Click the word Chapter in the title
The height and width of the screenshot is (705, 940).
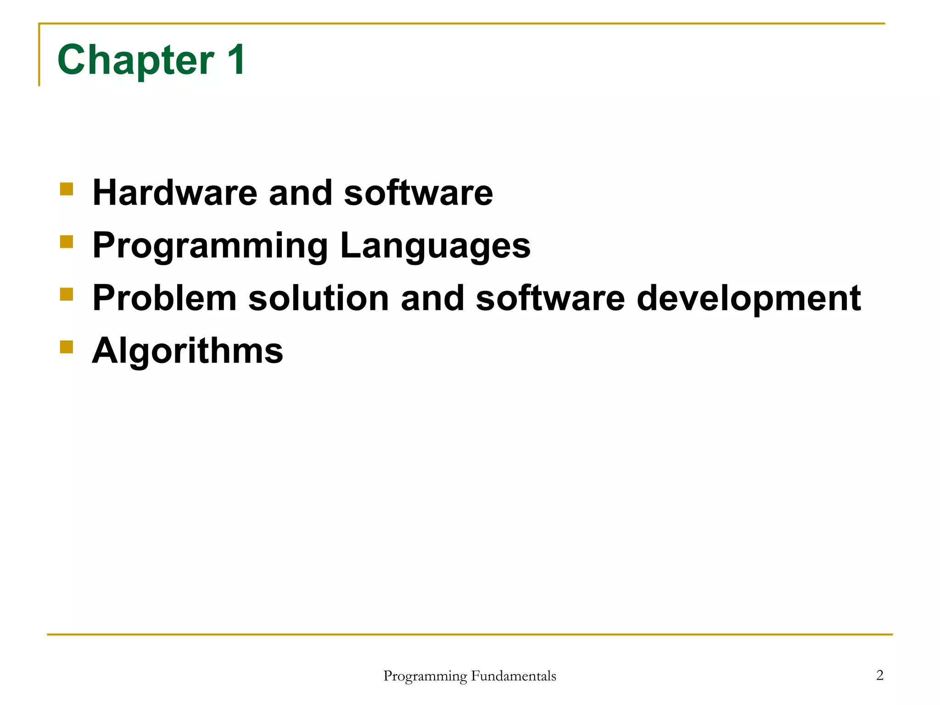tap(136, 60)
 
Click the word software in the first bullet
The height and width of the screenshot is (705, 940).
tap(418, 193)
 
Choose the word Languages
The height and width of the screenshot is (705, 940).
tap(435, 246)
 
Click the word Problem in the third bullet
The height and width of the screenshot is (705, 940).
tap(164, 298)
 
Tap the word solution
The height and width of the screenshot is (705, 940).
tap(319, 298)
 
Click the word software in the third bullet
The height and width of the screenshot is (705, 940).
tap(550, 298)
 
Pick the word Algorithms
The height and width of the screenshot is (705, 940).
tap(188, 351)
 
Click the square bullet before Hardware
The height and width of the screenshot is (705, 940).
tap(67, 189)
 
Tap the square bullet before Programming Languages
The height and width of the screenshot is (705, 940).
tap(67, 241)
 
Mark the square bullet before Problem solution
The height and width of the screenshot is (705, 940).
tap(67, 294)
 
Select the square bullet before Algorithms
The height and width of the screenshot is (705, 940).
tap(67, 347)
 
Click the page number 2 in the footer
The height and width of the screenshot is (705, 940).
tap(879, 675)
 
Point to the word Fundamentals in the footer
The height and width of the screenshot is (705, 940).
tap(514, 676)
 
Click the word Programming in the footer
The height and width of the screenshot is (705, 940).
tap(425, 677)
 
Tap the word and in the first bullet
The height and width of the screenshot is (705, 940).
tap(300, 193)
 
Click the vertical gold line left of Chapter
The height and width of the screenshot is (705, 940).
tap(39, 55)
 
